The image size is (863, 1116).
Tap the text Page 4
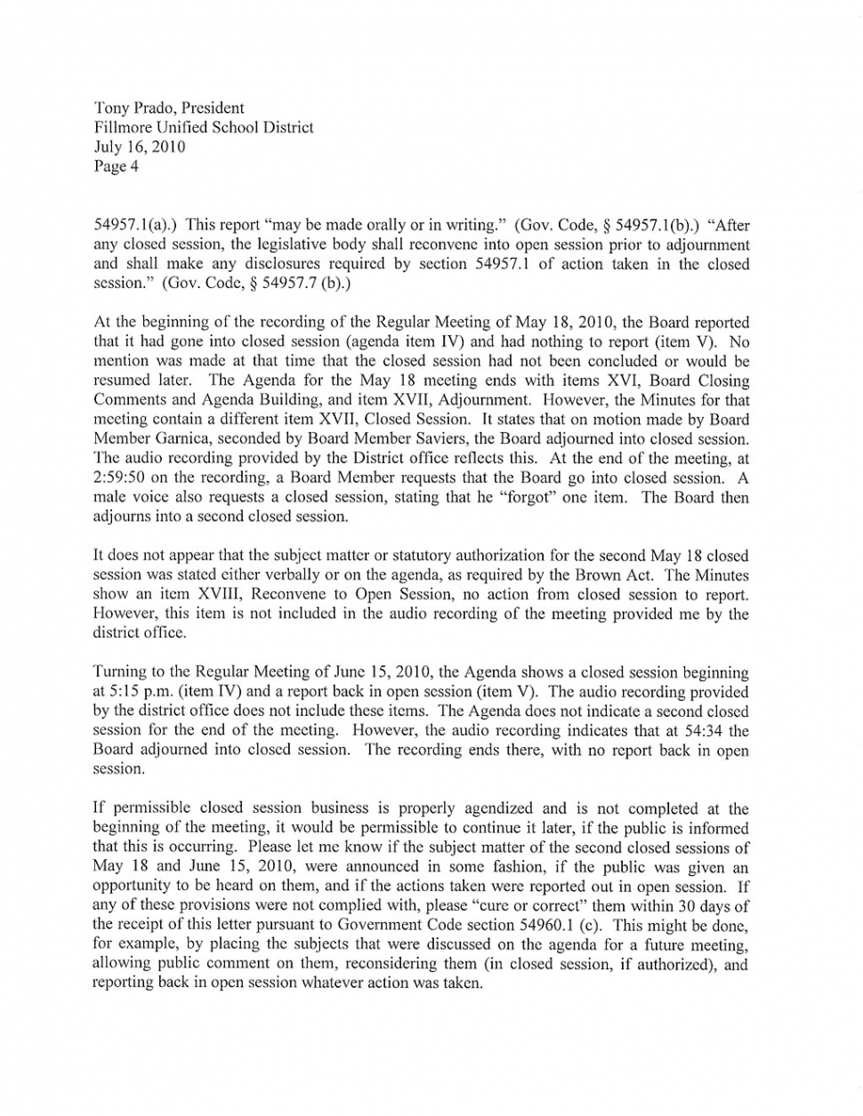[116, 166]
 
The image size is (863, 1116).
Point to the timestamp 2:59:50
[123, 478]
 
